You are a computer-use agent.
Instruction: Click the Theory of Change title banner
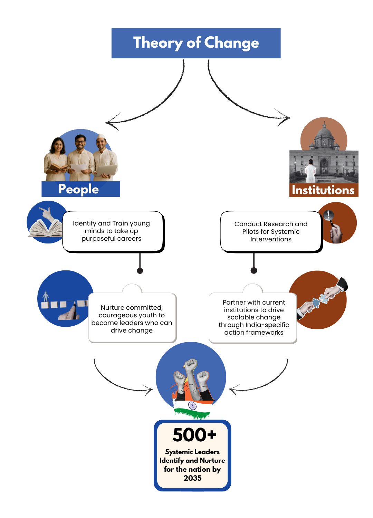coord(196,43)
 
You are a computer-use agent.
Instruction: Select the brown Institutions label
coord(323,190)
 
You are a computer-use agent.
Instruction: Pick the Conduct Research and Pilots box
coord(271,231)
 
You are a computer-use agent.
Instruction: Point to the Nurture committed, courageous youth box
coord(132,318)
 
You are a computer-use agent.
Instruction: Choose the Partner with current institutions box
coord(254,317)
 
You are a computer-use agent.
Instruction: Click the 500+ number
coord(194,434)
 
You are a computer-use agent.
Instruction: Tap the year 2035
coord(192,478)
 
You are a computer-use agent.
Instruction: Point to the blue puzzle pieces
coord(320,301)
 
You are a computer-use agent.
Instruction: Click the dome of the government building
coord(324,131)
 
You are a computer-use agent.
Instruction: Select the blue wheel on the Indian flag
coord(192,405)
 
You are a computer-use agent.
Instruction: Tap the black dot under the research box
coord(254,270)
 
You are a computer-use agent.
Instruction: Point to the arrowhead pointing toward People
coord(109,123)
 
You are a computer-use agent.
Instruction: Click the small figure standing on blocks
coord(46,297)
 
